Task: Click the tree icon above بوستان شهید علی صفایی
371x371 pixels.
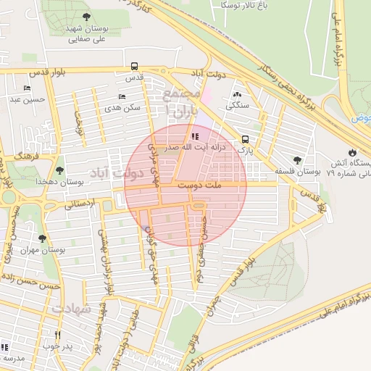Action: click(x=87, y=17)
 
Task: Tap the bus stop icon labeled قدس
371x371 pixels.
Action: click(x=133, y=65)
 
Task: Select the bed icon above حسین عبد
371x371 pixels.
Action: click(x=28, y=88)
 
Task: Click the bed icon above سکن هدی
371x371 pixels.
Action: click(x=122, y=96)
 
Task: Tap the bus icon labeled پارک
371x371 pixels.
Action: click(x=245, y=139)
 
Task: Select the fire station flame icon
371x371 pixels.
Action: click(x=352, y=153)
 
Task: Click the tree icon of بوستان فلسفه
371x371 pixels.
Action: click(x=297, y=160)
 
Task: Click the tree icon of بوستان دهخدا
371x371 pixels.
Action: click(x=59, y=171)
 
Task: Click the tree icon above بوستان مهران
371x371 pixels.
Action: click(x=41, y=238)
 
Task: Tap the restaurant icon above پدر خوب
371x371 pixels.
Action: click(x=58, y=335)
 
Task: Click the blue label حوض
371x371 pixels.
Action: click(x=361, y=117)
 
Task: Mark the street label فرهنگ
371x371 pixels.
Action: click(x=27, y=155)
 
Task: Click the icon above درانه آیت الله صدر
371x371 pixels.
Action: click(x=193, y=136)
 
